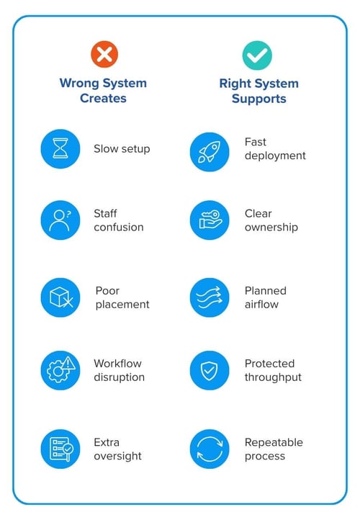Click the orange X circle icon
click(x=104, y=54)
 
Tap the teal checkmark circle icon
click(x=257, y=55)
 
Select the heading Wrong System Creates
click(x=103, y=91)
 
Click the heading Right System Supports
click(x=259, y=91)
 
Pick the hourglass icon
click(x=60, y=148)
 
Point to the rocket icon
click(x=210, y=152)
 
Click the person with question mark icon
click(x=60, y=220)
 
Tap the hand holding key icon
click(x=210, y=220)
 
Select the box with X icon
click(x=60, y=297)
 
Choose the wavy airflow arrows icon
click(x=210, y=297)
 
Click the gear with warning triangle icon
click(x=60, y=370)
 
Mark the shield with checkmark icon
click(x=210, y=370)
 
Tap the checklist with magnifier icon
click(x=60, y=449)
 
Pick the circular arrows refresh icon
click(x=210, y=449)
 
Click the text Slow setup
click(x=122, y=149)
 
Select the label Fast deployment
click(x=275, y=149)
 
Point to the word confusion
click(x=119, y=227)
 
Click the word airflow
click(x=261, y=304)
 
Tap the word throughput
click(x=273, y=377)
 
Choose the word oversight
click(x=117, y=457)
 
